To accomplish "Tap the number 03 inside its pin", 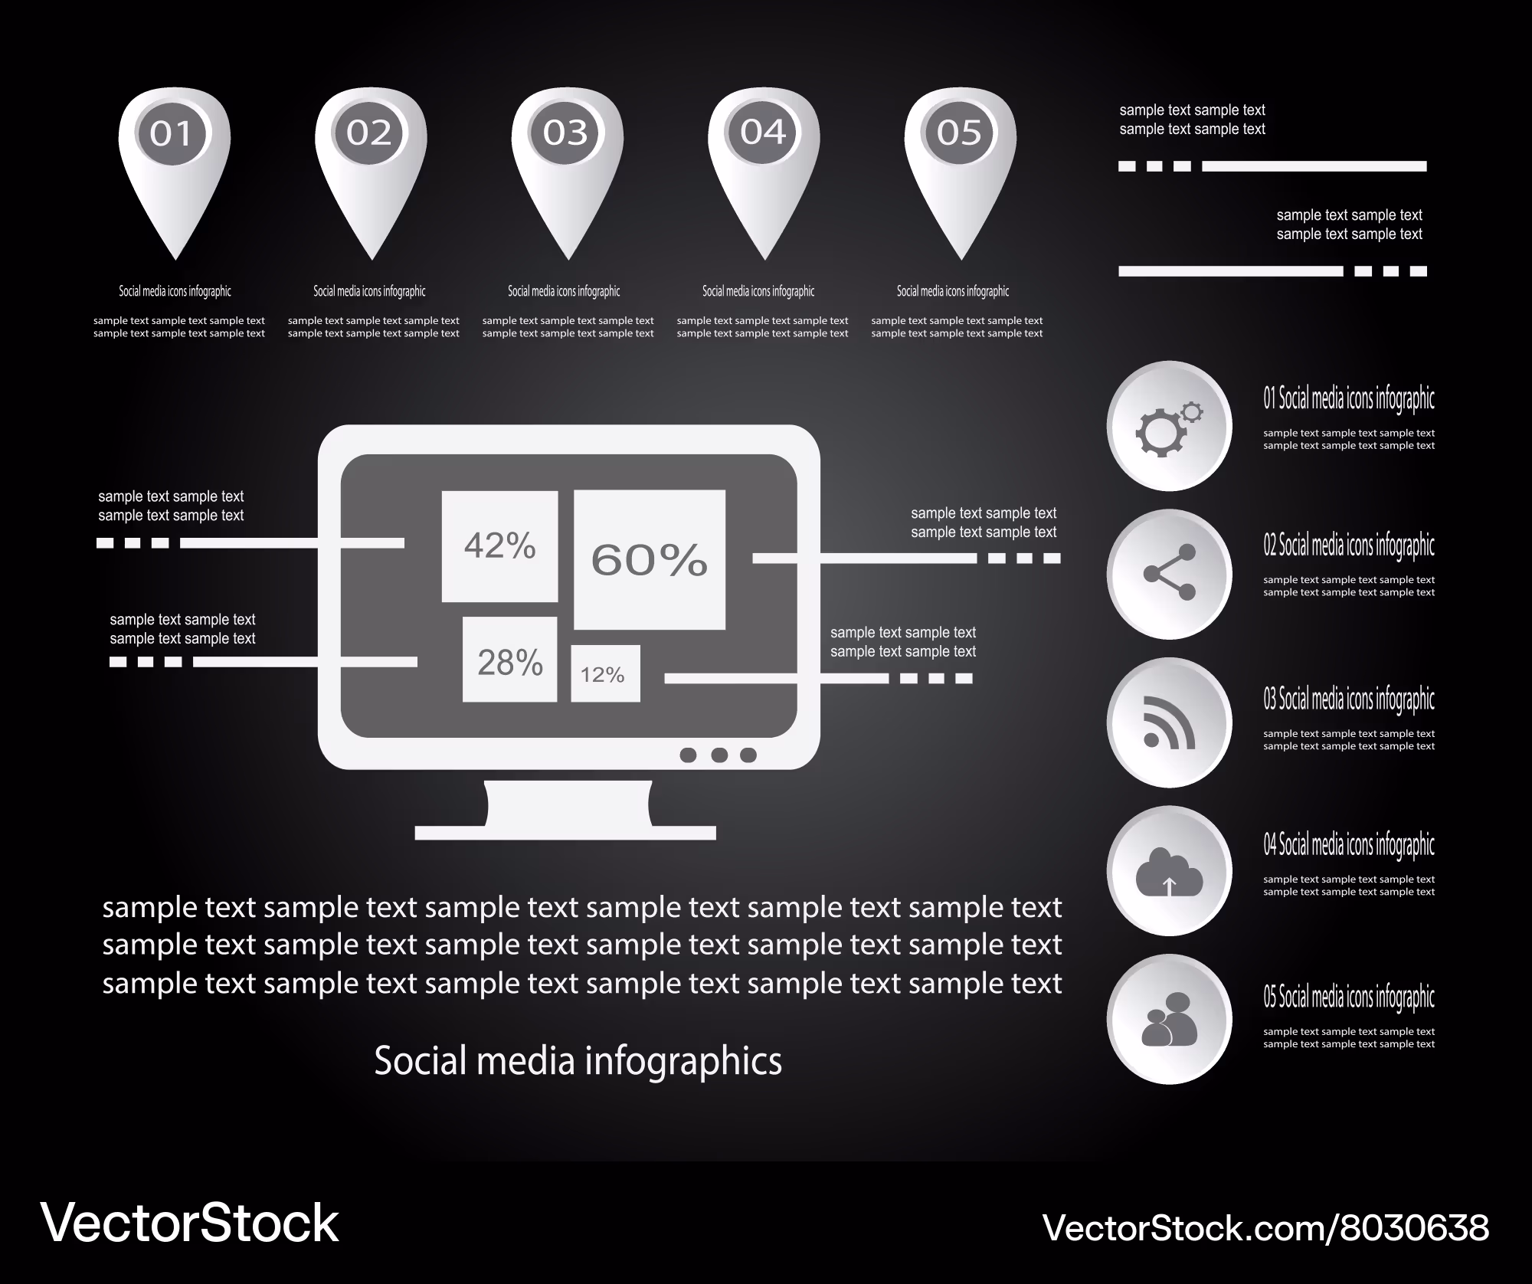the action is (x=565, y=133).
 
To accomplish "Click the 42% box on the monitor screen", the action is (x=499, y=546).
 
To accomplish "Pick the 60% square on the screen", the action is (x=650, y=559).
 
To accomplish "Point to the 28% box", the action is (x=509, y=660).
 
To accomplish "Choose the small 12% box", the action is (x=605, y=673).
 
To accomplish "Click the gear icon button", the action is (x=1169, y=426).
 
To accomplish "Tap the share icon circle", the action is (x=1169, y=574).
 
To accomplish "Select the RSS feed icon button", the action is (x=1169, y=722).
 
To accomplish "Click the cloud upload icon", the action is (x=1169, y=871).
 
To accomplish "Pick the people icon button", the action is (x=1169, y=1019).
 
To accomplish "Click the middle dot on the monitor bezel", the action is (x=719, y=755).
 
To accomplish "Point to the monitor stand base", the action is (x=565, y=833).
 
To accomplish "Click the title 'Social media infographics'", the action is (x=578, y=1062).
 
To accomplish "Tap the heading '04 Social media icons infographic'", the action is (x=1349, y=844).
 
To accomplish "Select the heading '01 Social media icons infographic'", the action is (x=1349, y=398).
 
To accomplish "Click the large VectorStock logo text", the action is (x=189, y=1223).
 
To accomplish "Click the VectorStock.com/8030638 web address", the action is (x=1265, y=1227).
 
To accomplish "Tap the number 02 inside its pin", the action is (x=369, y=133).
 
